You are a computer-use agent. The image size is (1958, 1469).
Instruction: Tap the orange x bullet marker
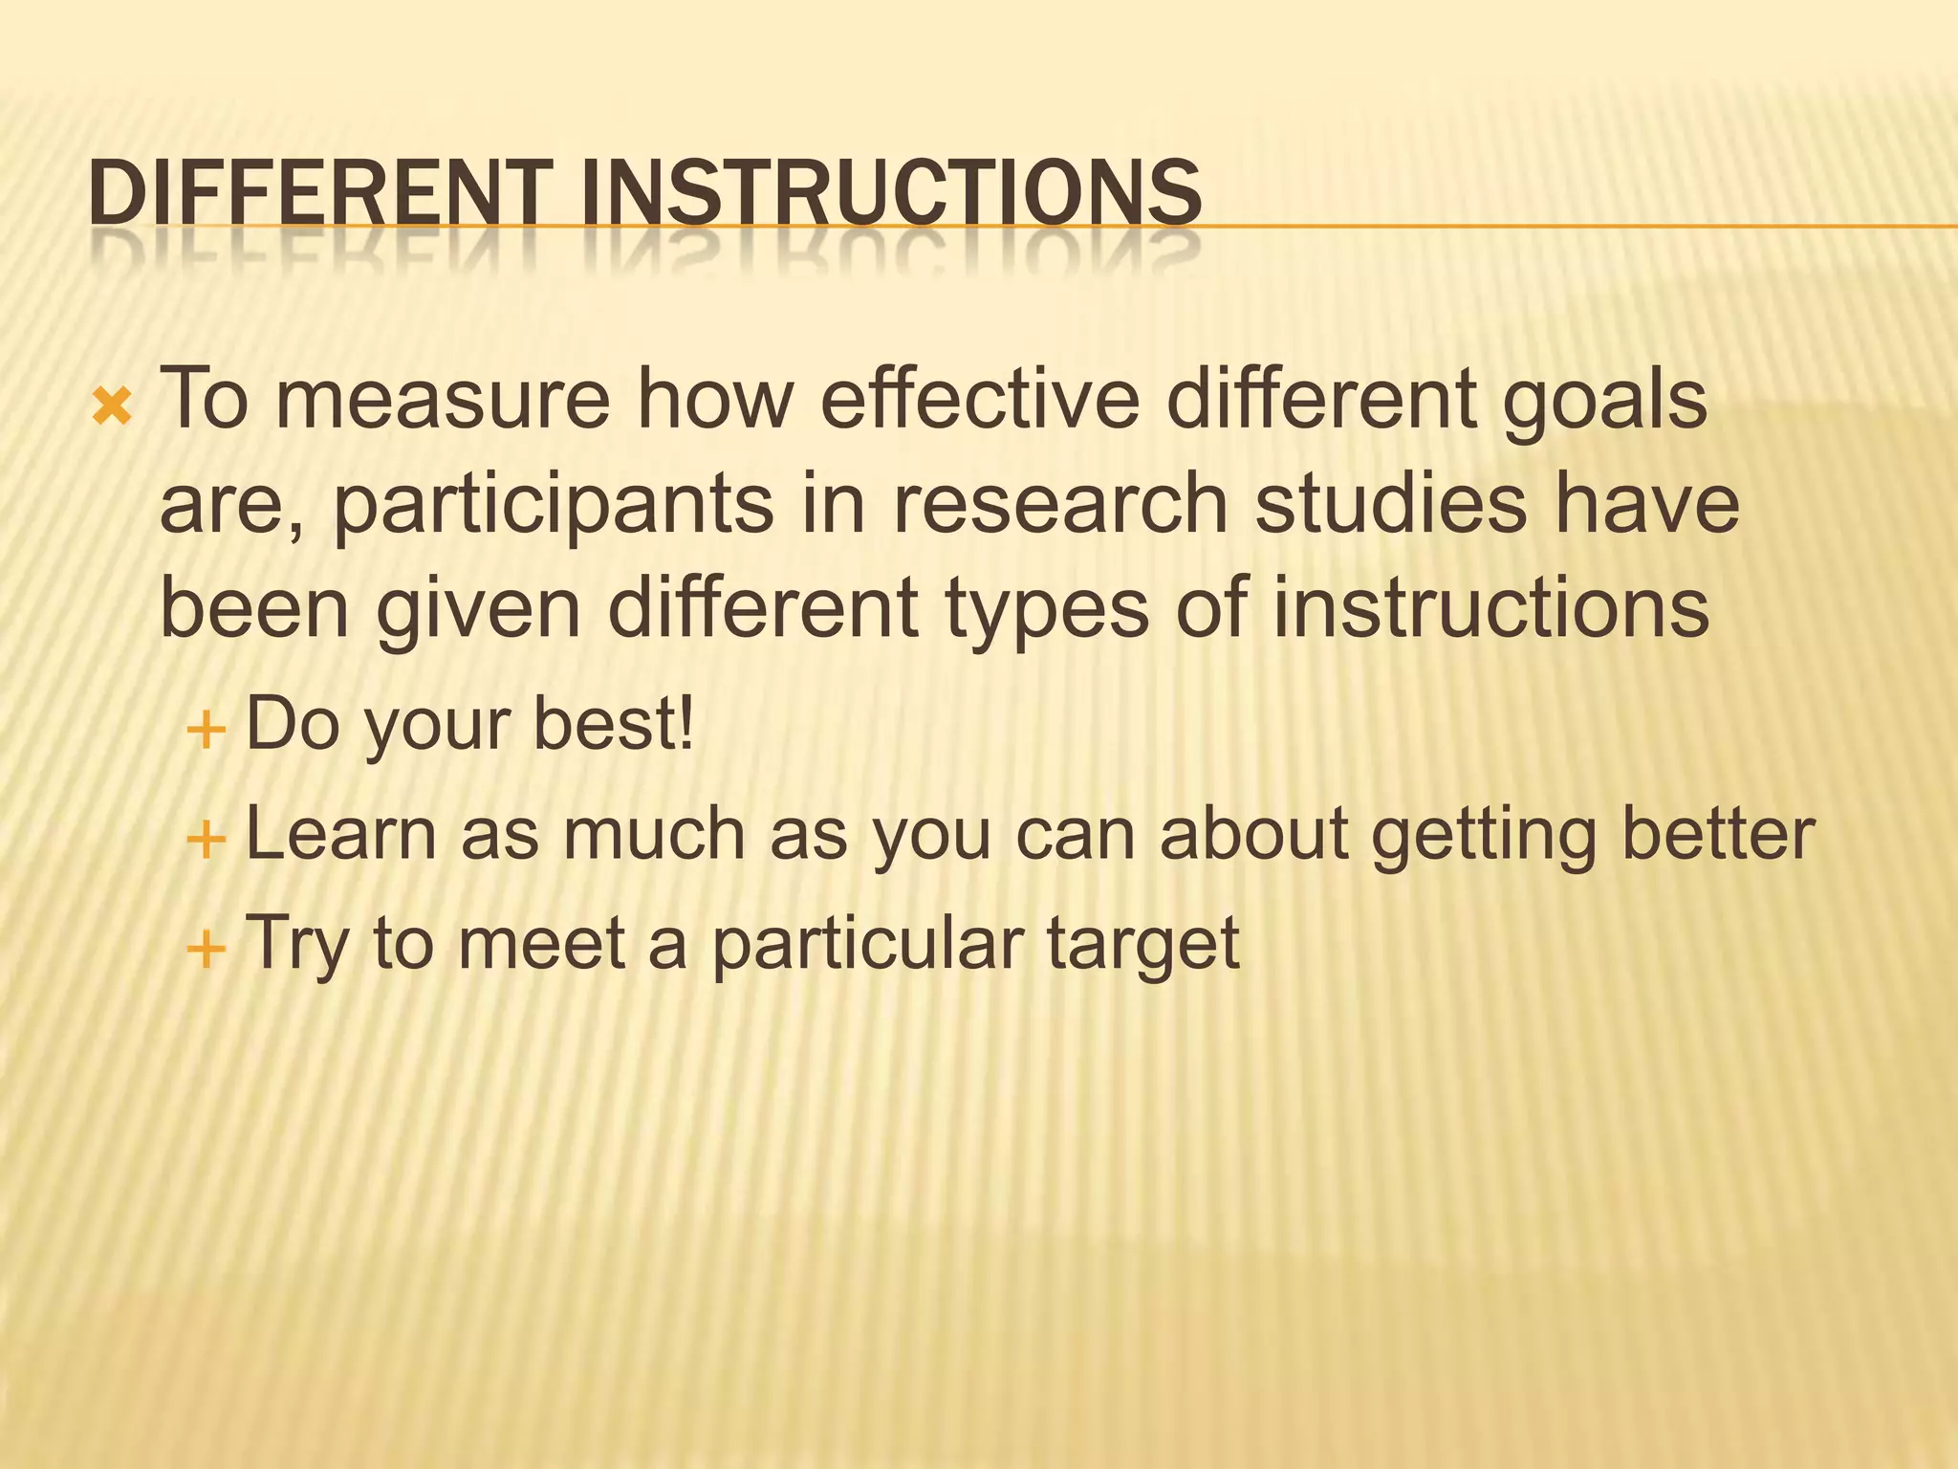[x=112, y=408]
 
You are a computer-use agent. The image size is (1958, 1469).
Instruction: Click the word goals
[x=1604, y=402]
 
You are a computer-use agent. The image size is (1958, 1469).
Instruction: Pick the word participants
[x=553, y=507]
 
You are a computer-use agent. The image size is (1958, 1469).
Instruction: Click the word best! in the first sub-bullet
[x=613, y=724]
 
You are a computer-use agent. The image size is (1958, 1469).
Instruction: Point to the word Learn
[x=340, y=833]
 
